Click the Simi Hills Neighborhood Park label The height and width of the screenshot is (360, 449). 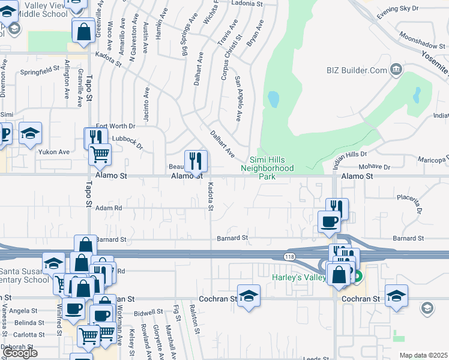pos(272,169)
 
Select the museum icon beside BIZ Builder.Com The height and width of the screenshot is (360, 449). pos(396,70)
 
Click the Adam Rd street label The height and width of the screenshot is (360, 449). pos(109,208)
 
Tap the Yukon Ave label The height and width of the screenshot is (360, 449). pos(54,152)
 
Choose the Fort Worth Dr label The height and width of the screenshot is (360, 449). pos(116,126)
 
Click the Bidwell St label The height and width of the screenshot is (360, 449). pos(149,312)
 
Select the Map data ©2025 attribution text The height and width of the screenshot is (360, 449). pos(424,355)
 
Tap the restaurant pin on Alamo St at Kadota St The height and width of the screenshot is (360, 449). pos(196,161)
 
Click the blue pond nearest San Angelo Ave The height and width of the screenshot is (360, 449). pos(273,99)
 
